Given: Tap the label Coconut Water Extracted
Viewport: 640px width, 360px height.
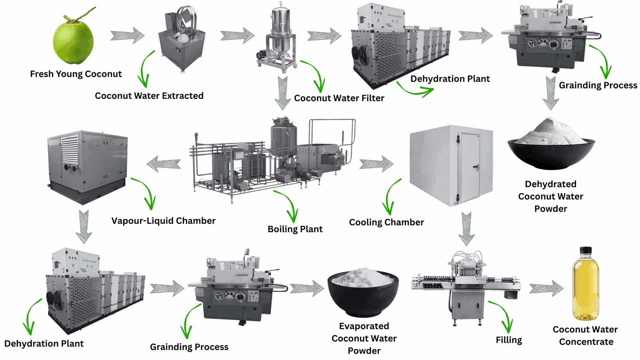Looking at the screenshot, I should (x=149, y=96).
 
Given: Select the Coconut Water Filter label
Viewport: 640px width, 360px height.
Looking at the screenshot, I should (x=339, y=98).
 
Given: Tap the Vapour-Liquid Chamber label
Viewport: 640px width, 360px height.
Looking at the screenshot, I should (x=163, y=220).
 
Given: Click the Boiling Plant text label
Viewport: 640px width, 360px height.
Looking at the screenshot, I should (x=295, y=229).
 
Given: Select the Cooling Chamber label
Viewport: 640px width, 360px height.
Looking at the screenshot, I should (x=386, y=222).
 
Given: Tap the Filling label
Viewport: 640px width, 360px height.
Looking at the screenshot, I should (x=509, y=340).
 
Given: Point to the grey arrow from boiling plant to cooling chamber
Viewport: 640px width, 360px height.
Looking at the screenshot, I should (x=376, y=164).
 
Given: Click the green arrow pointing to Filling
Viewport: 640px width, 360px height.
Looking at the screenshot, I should (x=502, y=314).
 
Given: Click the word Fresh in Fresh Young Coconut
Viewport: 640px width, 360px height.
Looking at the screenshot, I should (x=43, y=74).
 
